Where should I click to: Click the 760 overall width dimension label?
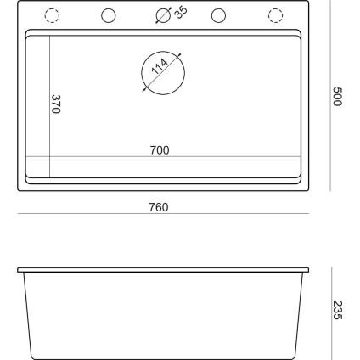pyautogui.click(x=159, y=206)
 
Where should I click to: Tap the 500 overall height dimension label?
pyautogui.click(x=337, y=96)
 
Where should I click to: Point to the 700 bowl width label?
pyautogui.click(x=160, y=150)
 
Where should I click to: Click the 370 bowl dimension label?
pyautogui.click(x=57, y=105)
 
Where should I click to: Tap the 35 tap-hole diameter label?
pyautogui.click(x=180, y=14)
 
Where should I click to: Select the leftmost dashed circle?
pyautogui.click(x=52, y=16)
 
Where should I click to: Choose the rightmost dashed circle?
pyautogui.click(x=275, y=16)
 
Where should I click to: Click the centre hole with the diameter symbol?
pyautogui.click(x=162, y=16)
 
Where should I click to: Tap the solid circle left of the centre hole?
pyautogui.click(x=108, y=16)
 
